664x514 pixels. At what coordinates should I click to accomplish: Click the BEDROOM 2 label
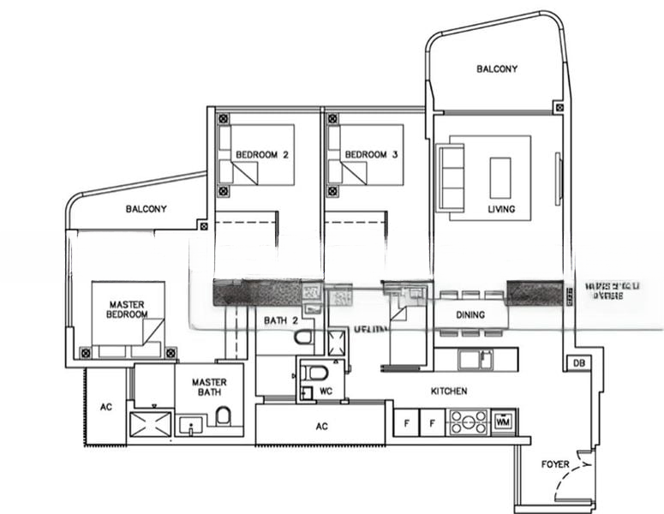coord(261,155)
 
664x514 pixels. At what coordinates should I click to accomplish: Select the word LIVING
coord(501,208)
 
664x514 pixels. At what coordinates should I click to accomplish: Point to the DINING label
coord(470,315)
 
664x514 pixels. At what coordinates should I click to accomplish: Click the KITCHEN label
coord(448,391)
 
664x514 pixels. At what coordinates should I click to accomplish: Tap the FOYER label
coord(554,464)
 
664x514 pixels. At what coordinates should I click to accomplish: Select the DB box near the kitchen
coord(578,364)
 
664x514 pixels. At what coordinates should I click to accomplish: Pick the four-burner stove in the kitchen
coord(468,422)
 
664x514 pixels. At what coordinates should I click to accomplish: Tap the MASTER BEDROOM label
coord(127,309)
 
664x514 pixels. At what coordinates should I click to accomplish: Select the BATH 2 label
coord(280,321)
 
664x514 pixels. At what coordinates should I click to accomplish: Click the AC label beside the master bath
coord(106,407)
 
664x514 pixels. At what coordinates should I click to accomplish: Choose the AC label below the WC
coord(322,426)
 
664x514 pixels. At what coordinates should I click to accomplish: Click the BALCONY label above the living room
coord(497,69)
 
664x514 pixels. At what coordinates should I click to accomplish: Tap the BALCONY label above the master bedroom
coord(146,208)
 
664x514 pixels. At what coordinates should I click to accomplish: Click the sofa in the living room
coord(450,177)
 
